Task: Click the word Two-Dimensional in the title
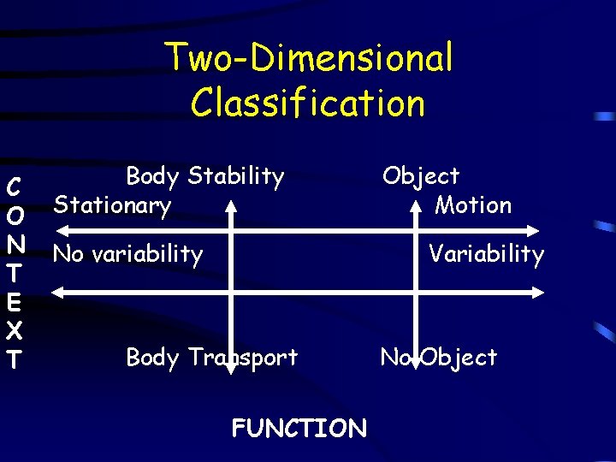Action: click(x=309, y=59)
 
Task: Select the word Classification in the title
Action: click(x=308, y=103)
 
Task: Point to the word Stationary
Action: click(x=112, y=205)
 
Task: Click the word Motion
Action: click(x=473, y=205)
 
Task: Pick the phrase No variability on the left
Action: click(x=127, y=254)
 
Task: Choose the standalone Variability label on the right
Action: click(x=486, y=254)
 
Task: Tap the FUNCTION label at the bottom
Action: click(x=299, y=428)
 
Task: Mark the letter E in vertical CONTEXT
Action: click(x=13, y=303)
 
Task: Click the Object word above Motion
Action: click(x=421, y=176)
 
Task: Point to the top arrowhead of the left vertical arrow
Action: click(x=230, y=206)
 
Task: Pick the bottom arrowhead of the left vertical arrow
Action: click(x=230, y=393)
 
